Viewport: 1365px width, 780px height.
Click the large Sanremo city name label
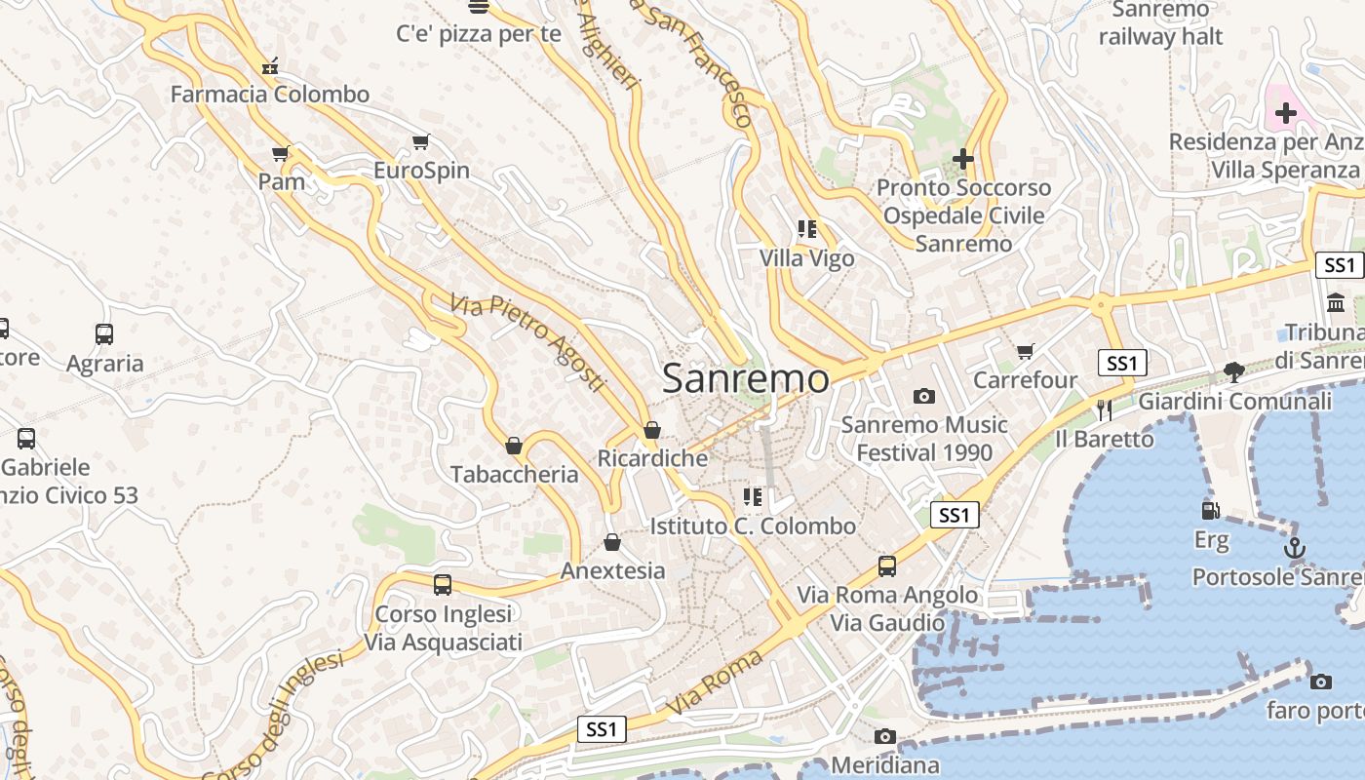tap(746, 379)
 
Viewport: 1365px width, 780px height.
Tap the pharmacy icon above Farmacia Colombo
tap(270, 66)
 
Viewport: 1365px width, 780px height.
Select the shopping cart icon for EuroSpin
tap(420, 142)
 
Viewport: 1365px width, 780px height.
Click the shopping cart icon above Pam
tap(281, 153)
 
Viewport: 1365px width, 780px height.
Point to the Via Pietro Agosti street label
tap(528, 343)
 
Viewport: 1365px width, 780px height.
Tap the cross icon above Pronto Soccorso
tap(963, 158)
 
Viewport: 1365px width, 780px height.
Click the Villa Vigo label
tap(806, 258)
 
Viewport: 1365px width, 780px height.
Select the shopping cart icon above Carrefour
tap(1025, 351)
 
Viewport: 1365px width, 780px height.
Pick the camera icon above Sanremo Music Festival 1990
tap(923, 396)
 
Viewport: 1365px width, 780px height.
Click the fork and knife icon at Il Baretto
tap(1104, 409)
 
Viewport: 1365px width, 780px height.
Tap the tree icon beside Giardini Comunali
tap(1233, 371)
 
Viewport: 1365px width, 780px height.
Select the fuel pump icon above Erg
tap(1210, 510)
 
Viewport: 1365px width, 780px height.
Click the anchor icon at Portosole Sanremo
tap(1294, 548)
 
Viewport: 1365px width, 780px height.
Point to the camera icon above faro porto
tap(1321, 682)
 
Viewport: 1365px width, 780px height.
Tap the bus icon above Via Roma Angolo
tap(886, 565)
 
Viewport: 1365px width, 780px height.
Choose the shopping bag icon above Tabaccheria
tap(514, 446)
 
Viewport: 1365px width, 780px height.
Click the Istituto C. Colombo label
tap(753, 526)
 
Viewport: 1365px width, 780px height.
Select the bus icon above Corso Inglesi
tap(443, 585)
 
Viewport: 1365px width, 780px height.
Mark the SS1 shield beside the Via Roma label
tap(601, 728)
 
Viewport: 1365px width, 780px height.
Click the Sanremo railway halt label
tap(1160, 23)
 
